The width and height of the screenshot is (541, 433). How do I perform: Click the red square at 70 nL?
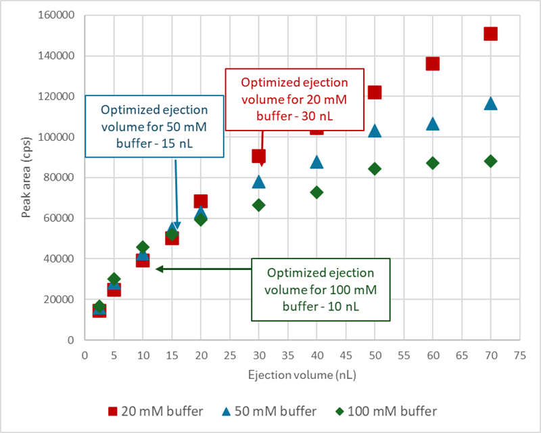click(x=490, y=34)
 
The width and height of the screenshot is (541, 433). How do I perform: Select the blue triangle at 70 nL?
click(x=490, y=104)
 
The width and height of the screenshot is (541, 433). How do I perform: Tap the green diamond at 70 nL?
click(x=490, y=161)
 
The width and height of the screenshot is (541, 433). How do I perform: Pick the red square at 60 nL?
click(x=433, y=64)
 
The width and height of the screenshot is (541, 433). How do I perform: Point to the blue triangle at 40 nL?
click(x=316, y=162)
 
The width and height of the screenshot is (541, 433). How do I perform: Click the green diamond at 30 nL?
click(x=259, y=205)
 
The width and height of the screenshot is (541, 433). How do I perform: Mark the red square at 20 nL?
click(x=201, y=201)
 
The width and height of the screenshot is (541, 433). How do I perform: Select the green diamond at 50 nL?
click(x=375, y=168)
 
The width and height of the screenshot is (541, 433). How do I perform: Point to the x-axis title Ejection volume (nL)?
click(x=302, y=373)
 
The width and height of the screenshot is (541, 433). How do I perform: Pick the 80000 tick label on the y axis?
click(x=59, y=178)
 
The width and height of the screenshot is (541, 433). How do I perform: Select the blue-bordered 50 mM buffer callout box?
click(x=154, y=126)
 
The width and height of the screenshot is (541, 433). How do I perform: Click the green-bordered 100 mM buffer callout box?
click(x=321, y=290)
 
